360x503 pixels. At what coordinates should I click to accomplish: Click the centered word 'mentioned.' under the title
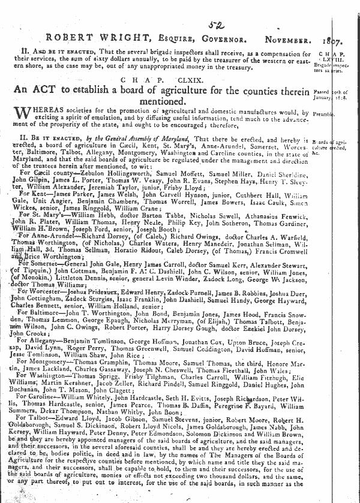coord(175,103)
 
